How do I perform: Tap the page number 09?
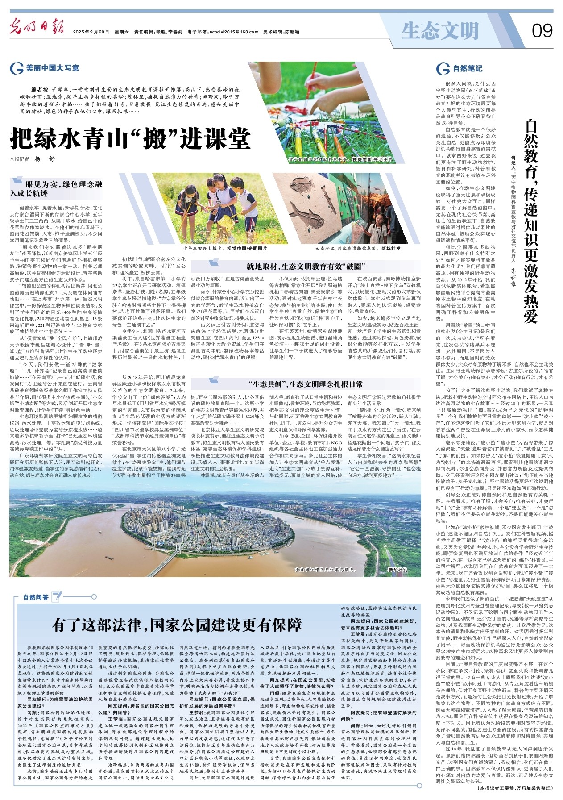tap(542, 31)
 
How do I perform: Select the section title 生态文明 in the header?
tap(439, 31)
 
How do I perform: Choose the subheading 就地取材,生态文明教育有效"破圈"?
tap(306, 267)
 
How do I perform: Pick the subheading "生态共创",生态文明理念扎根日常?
tap(306, 384)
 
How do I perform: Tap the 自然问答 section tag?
tap(36, 597)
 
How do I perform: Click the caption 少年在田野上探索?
tap(225, 248)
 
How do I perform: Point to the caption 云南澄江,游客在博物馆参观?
tap(357, 248)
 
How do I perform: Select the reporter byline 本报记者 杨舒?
tap(33, 159)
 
